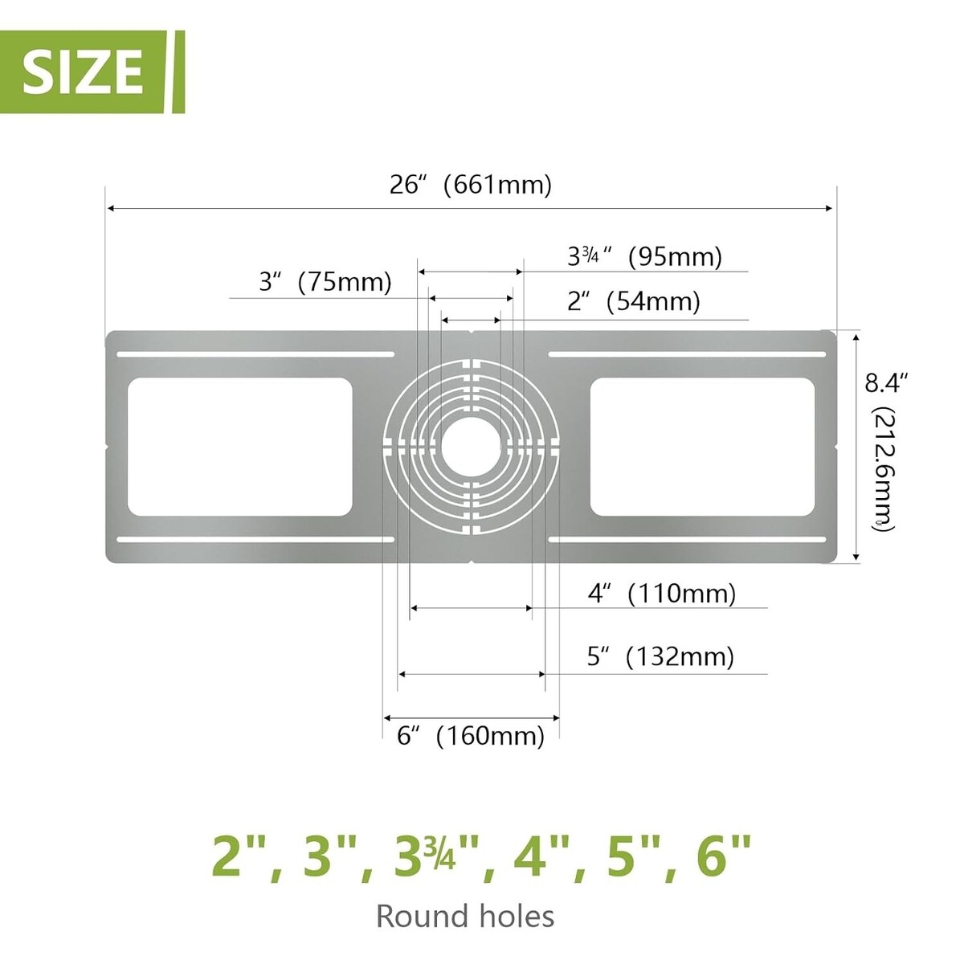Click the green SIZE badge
92,71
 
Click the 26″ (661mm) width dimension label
470,185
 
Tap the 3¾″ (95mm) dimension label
645,256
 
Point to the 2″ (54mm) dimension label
633,301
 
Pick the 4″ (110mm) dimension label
662,594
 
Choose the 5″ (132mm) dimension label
660,656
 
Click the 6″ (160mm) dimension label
470,735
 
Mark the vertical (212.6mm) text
884,468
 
